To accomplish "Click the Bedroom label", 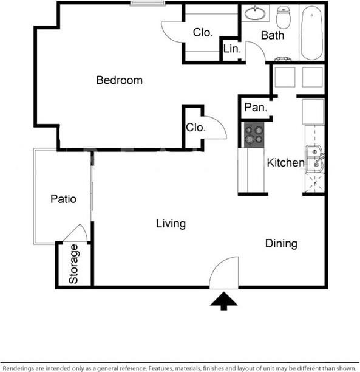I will pyautogui.click(x=120, y=80).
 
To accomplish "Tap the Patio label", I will pyautogui.click(x=63, y=198).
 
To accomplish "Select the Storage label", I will pyautogui.click(x=73, y=264).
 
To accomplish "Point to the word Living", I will pyautogui.click(x=171, y=224).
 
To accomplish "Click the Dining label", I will pyautogui.click(x=281, y=244).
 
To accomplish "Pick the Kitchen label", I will pyautogui.click(x=285, y=163).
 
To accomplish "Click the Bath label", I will pyautogui.click(x=273, y=35).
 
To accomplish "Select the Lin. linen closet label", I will pyautogui.click(x=231, y=49).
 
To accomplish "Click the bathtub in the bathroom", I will pyautogui.click(x=311, y=33).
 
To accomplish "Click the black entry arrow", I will pyautogui.click(x=224, y=300).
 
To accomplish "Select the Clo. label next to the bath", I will pyautogui.click(x=202, y=32).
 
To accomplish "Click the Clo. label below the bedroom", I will pyautogui.click(x=195, y=128).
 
